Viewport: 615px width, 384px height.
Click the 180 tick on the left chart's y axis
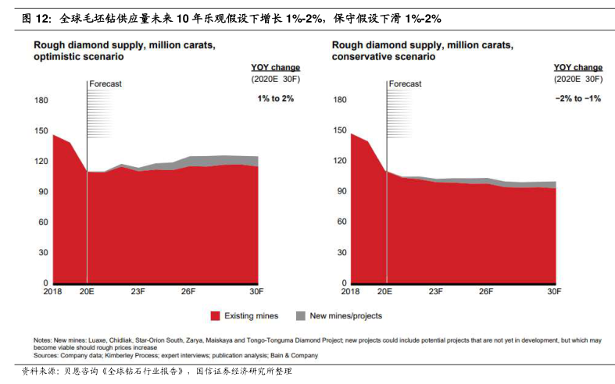coord(41,100)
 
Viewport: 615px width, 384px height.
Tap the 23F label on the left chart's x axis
coord(138,292)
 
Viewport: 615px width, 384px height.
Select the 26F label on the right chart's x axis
coord(486,292)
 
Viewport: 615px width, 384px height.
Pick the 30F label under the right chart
coord(554,292)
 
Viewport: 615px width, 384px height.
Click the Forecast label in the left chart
coord(105,84)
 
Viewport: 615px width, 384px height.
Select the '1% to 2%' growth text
coord(276,98)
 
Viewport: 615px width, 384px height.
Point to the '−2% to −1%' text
coord(577,98)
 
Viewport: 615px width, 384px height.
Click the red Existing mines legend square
coord(215,316)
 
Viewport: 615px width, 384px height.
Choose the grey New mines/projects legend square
coord(301,316)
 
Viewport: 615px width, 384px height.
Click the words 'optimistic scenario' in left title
coord(77,57)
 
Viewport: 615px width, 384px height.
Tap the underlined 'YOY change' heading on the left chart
coord(275,68)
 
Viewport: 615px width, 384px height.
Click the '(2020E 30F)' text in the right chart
coord(578,79)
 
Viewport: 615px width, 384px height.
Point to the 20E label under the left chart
coord(87,292)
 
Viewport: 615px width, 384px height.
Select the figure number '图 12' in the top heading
coord(37,17)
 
